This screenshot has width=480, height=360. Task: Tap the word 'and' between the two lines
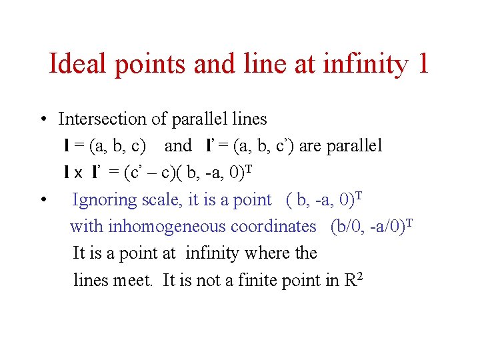[178, 146]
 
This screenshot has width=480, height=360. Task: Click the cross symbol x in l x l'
[78, 173]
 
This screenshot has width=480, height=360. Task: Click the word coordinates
[273, 227]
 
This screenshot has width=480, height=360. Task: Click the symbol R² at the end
[353, 280]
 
